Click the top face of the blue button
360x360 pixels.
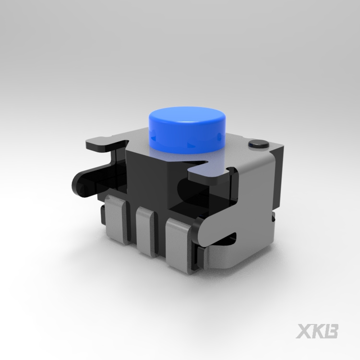186,117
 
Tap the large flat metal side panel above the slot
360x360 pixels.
254,202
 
